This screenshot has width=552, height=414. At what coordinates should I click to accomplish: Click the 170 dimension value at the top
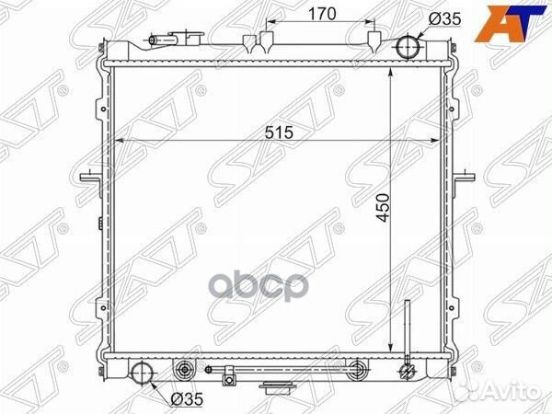coord(322,14)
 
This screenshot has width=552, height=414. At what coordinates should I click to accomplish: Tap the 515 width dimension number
coord(279,132)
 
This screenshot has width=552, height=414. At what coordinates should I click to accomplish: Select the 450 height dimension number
coord(384,207)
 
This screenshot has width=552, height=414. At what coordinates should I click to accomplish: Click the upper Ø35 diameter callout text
coord(444,19)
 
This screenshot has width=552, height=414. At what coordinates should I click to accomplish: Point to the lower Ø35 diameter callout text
coord(187,399)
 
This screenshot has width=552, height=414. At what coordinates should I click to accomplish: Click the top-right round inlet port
coord(408,47)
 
